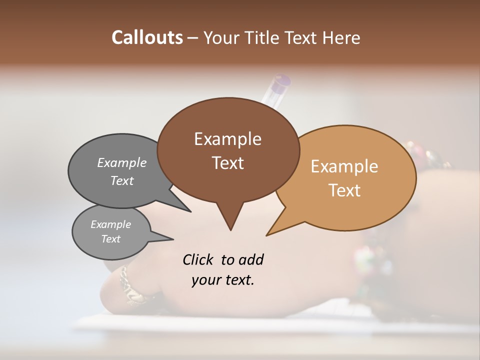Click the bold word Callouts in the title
[x=147, y=37]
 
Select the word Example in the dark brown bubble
[x=227, y=139]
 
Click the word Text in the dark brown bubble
[x=227, y=163]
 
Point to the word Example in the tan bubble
[x=344, y=166]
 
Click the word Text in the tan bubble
[x=344, y=190]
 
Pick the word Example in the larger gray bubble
[x=122, y=162]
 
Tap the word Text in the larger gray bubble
[x=122, y=180]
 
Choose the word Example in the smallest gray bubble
[x=110, y=224]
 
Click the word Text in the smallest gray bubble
[x=110, y=239]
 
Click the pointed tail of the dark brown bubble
[x=230, y=227]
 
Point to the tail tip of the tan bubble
[x=268, y=233]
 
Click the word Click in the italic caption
[x=199, y=260]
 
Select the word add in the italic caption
[x=251, y=260]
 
